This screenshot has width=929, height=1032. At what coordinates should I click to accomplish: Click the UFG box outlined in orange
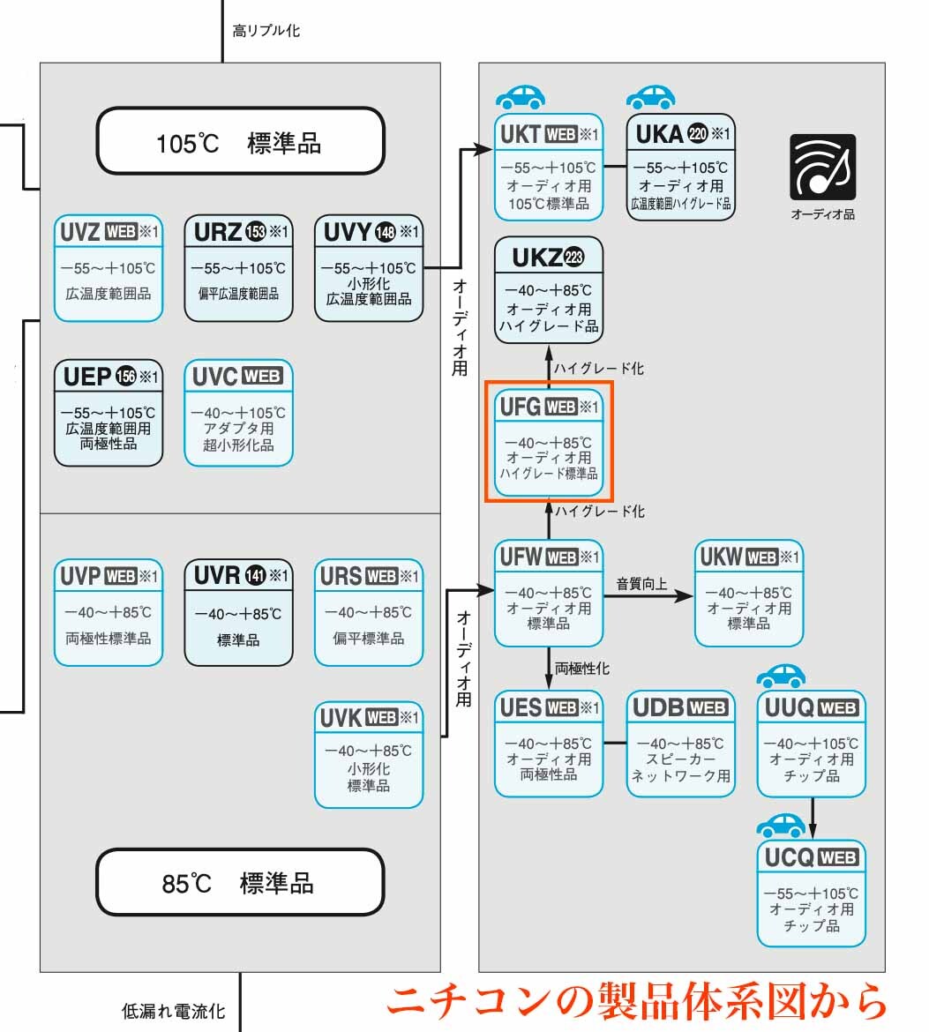(549, 440)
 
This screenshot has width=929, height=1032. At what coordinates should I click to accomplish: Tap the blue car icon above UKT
(521, 96)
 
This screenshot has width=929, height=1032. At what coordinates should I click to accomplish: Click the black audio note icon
(822, 167)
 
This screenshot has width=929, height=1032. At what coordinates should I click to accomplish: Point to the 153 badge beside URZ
(256, 232)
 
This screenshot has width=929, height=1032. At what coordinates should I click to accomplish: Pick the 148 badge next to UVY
(386, 232)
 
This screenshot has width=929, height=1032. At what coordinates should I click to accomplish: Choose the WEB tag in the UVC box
(262, 377)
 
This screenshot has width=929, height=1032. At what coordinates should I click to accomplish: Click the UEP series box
(109, 412)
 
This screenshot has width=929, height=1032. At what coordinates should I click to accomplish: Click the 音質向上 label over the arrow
(641, 583)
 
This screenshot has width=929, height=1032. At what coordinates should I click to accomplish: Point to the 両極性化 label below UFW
(581, 669)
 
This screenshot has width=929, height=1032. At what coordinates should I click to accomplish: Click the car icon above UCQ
(782, 826)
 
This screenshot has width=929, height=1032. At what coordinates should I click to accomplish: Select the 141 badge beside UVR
(256, 576)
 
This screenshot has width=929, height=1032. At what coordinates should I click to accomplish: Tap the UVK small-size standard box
(369, 754)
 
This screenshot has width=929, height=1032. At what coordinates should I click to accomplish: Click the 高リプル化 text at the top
(266, 31)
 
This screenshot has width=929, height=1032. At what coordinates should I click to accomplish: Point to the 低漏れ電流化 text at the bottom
(173, 1011)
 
